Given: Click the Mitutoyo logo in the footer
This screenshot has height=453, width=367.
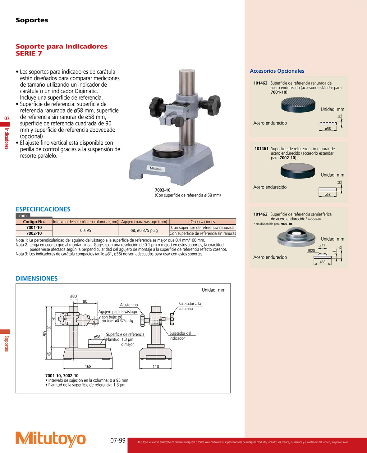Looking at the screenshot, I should click(x=50, y=439).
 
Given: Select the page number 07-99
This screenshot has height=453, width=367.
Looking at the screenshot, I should click(x=118, y=441).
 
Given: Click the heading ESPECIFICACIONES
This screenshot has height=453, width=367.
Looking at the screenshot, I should click(x=43, y=209).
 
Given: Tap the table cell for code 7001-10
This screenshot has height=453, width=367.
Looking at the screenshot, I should click(x=34, y=228).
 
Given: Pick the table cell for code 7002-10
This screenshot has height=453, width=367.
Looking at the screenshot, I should click(x=34, y=233).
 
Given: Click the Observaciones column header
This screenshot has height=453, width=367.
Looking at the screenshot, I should click(x=203, y=222).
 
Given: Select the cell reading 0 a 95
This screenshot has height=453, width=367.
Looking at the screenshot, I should click(x=85, y=230).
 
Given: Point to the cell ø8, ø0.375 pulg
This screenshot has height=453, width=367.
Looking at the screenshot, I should click(x=144, y=230).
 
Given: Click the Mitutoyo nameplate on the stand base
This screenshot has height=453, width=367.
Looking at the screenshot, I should click(x=155, y=169).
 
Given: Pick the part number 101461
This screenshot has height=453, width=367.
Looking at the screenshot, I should click(x=261, y=149).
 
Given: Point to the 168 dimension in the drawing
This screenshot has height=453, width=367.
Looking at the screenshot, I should click(x=88, y=366).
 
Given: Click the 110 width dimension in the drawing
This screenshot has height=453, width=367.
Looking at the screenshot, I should click(x=156, y=366).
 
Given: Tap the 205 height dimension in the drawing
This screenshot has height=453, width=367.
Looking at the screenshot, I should click(x=45, y=333).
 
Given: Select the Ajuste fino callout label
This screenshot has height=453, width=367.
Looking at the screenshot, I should click(x=129, y=305).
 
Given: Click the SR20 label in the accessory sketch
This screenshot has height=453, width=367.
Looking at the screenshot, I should click(x=311, y=251).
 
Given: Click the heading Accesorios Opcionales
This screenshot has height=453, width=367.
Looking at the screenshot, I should click(x=277, y=71).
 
